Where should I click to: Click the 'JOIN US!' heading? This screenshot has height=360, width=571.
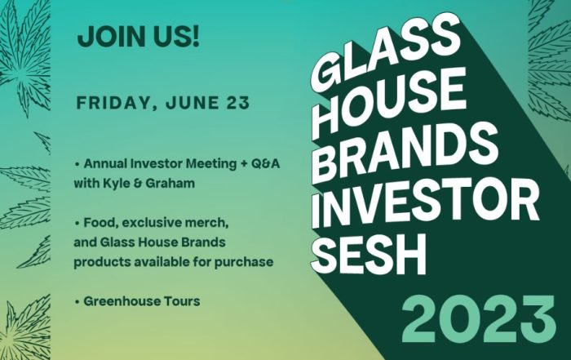coord(139,37)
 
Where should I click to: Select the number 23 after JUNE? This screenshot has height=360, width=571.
coord(238,102)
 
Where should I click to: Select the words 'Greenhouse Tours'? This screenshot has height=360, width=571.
coord(142,301)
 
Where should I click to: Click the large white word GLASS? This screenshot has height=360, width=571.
coord(386,50)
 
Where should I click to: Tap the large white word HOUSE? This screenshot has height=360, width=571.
coord(389,100)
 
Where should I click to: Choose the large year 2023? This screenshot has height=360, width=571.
coord(479,319)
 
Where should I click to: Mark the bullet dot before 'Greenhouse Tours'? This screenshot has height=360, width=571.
coord(77,302)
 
